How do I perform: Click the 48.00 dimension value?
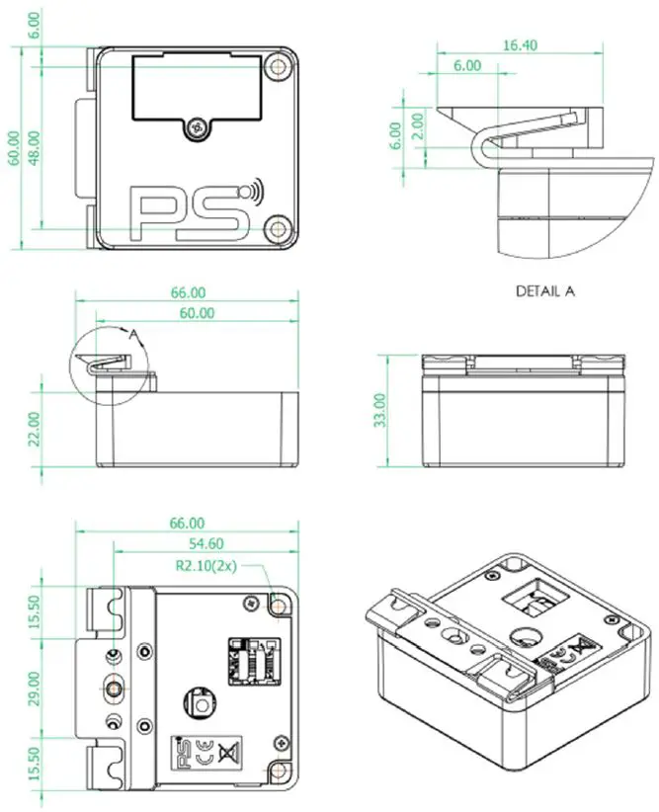(x=35, y=148)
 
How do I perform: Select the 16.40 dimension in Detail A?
(x=519, y=44)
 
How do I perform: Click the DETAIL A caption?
(x=544, y=291)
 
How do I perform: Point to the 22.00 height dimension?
(x=36, y=429)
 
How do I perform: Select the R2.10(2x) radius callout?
(x=205, y=566)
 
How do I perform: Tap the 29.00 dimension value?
(x=35, y=681)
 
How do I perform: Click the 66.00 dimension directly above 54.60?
(x=187, y=523)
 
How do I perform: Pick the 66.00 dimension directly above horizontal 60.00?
(x=188, y=292)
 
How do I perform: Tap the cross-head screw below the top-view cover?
(x=201, y=127)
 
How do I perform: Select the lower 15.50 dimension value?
(x=35, y=762)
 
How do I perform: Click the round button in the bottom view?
(x=202, y=705)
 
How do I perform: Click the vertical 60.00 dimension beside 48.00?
(x=14, y=148)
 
